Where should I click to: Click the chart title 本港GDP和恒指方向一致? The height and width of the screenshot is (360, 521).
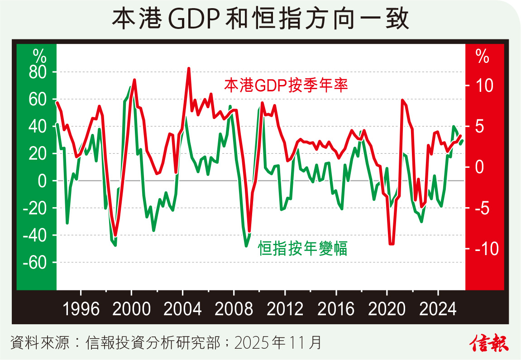[260, 19]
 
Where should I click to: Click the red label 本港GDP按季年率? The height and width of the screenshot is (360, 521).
[286, 85]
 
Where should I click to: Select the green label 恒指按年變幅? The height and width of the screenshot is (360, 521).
[303, 248]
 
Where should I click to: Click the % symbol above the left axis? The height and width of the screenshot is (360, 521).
[39, 57]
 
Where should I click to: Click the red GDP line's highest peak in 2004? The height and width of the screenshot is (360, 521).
[188, 69]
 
